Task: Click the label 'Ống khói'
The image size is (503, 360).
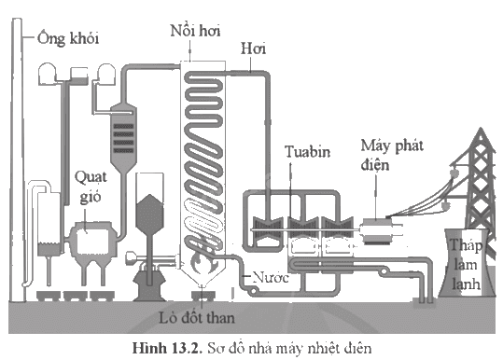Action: coord(68,38)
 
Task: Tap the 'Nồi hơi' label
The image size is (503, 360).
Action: coord(195,31)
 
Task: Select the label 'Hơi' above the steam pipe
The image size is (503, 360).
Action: coord(254,48)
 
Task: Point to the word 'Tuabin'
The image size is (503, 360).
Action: coord(308,151)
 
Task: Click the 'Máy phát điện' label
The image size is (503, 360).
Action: coord(392,155)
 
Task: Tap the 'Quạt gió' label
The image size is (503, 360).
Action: coord(91,187)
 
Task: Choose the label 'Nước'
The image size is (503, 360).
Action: coord(271,277)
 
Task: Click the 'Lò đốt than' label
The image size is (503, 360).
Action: coord(197,318)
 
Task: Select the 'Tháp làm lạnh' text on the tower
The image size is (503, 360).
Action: coord(466,265)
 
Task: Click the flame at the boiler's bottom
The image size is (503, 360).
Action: coord(202,261)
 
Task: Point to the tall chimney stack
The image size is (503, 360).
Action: coord(18,159)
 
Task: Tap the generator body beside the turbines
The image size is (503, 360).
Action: coord(377,231)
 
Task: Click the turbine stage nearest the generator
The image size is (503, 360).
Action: coord(338,228)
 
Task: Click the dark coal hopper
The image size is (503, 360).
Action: coord(149,214)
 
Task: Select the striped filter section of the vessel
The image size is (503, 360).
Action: coord(123,138)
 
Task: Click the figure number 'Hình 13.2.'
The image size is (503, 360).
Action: coord(167,348)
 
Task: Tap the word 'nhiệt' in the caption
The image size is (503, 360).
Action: coord(325,348)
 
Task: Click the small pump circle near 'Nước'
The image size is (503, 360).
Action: coord(254,291)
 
